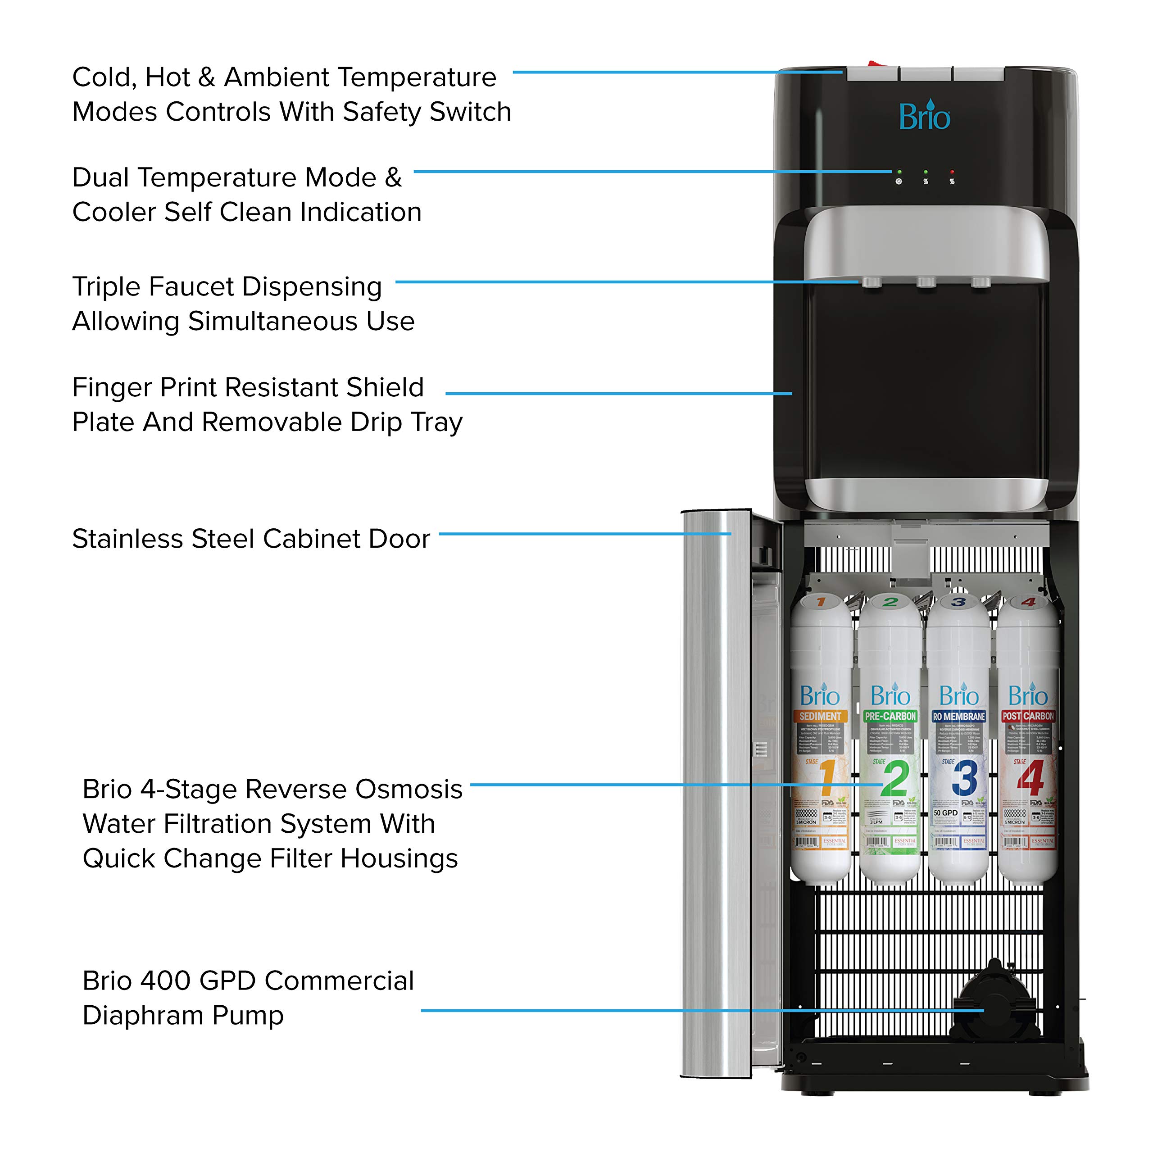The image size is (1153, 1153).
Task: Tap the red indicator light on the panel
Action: (x=952, y=172)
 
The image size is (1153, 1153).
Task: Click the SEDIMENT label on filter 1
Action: (x=820, y=716)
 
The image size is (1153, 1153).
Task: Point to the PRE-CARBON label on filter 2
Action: (x=890, y=716)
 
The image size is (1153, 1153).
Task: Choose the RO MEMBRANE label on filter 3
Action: (x=959, y=716)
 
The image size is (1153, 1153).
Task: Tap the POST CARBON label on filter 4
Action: (x=1028, y=716)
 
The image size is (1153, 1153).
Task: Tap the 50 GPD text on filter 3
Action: (x=945, y=813)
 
